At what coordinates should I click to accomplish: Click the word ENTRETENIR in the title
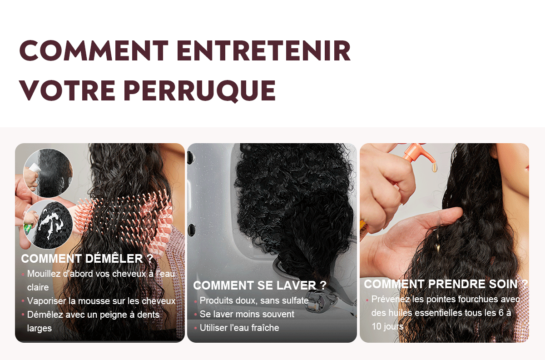click(x=264, y=50)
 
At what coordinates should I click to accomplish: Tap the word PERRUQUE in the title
click(x=200, y=90)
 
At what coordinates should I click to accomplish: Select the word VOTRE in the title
click(x=67, y=90)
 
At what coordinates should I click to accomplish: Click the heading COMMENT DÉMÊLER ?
click(x=87, y=259)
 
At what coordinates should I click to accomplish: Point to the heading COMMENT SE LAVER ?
click(x=260, y=285)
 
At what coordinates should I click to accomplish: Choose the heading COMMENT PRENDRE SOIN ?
click(x=446, y=284)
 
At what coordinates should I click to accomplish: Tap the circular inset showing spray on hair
click(x=48, y=173)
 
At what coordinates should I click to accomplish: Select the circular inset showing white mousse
click(x=48, y=225)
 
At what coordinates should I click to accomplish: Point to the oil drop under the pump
click(x=434, y=168)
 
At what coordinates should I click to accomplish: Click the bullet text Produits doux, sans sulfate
click(x=254, y=300)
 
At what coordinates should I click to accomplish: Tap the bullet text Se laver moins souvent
click(x=247, y=314)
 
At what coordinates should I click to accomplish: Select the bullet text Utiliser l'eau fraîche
click(x=239, y=328)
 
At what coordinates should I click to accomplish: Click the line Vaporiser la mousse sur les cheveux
click(x=101, y=301)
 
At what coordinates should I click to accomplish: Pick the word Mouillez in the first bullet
click(x=44, y=274)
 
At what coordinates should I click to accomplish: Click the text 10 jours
click(x=387, y=327)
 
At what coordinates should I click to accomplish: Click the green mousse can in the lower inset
click(x=28, y=229)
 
